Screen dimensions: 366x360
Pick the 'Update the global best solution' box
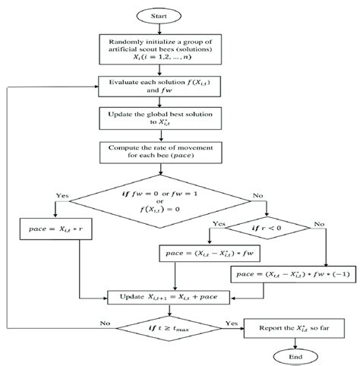158,118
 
